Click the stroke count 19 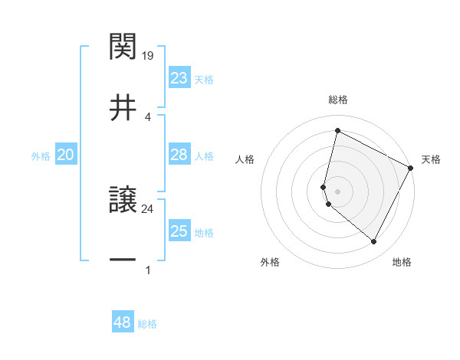149,55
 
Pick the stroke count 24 149,208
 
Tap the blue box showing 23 179,78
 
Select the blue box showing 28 179,155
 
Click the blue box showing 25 179,231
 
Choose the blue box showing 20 66,155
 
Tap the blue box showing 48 123,322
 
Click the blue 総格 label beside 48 147,324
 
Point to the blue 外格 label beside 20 41,156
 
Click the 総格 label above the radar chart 338,100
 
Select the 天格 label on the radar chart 431,159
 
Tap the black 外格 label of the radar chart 270,262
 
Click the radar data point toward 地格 373,242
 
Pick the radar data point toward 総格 337,131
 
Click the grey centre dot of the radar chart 337,191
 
